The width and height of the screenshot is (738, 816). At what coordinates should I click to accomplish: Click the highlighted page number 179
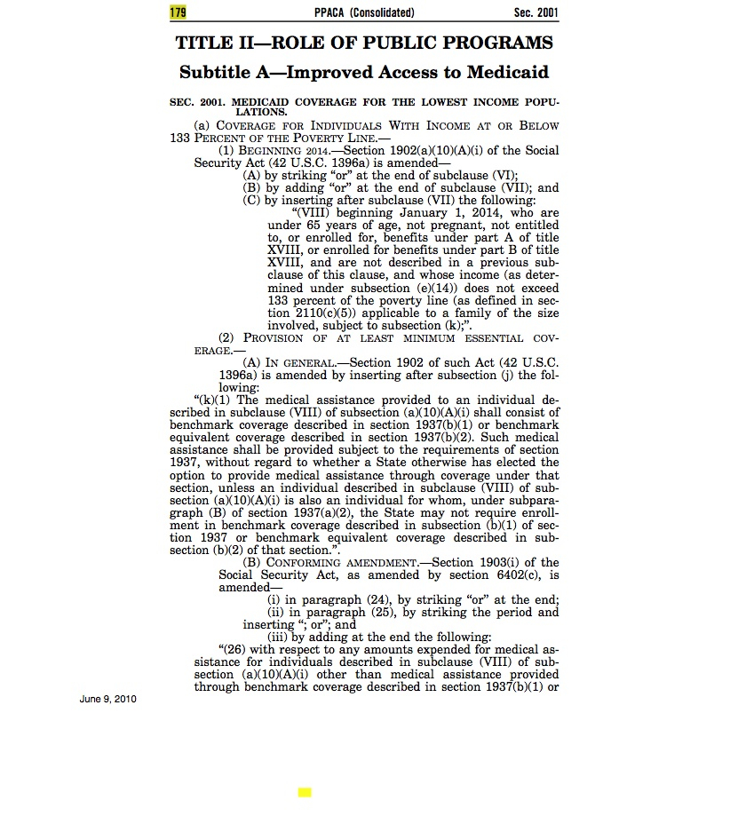(x=179, y=12)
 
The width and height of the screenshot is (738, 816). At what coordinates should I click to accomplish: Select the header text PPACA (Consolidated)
(x=363, y=12)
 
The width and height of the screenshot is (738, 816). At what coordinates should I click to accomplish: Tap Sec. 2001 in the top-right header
(x=536, y=12)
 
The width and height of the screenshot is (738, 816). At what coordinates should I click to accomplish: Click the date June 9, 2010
(x=107, y=700)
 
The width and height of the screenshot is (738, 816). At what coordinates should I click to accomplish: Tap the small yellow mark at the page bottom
(x=305, y=792)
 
